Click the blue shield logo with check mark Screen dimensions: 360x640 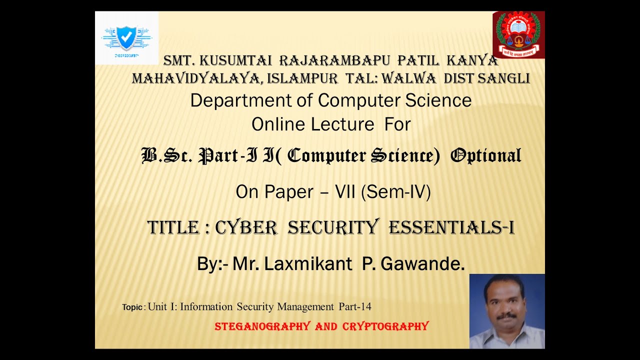pyautogui.click(x=126, y=37)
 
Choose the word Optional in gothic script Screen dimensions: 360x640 pyautogui.click(x=485, y=155)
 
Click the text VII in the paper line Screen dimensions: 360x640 pyautogui.click(x=345, y=192)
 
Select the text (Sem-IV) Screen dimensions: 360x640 pyautogui.click(x=395, y=192)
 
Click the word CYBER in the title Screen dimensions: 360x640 pyautogui.click(x=246, y=228)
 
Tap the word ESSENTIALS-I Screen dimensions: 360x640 pyautogui.click(x=451, y=228)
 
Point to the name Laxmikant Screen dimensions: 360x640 pyautogui.click(x=308, y=263)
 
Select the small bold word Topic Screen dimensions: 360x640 pyautogui.click(x=132, y=307)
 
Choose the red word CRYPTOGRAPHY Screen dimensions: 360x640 pyautogui.click(x=385, y=326)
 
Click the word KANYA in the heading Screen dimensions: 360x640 pyautogui.click(x=472, y=61)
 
